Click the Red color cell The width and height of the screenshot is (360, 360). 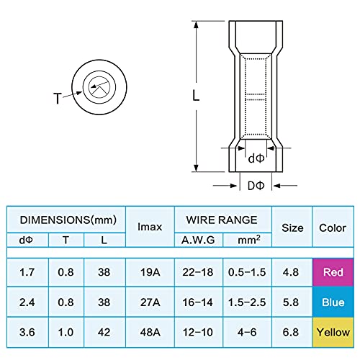coord(333,274)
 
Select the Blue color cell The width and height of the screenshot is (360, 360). coord(333,304)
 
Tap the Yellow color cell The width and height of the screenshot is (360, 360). coord(333,333)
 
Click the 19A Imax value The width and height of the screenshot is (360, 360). coord(150,274)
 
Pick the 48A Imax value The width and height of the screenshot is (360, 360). coord(150,333)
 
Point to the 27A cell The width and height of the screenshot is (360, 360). coord(150,304)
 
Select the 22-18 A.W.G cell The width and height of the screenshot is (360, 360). coord(199,274)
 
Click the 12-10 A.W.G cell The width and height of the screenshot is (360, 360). coord(199,333)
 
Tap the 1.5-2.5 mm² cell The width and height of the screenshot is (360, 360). coord(248,304)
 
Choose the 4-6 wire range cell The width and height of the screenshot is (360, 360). coord(248,333)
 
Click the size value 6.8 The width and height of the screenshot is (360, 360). coord(292,333)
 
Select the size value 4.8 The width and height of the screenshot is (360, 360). coord(292,274)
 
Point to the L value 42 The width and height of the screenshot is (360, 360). coord(105,333)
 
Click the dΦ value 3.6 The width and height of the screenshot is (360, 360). coord(27,333)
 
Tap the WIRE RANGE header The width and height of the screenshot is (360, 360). coord(223,219)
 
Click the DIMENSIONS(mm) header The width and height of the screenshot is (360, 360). coord(66,219)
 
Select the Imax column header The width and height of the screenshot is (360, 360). coord(150,227)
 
